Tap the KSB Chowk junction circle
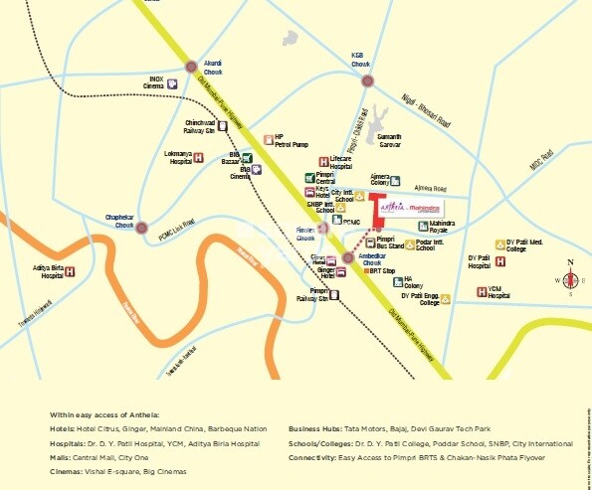(367, 81)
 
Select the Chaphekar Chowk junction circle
(141, 227)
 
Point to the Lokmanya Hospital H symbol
(198, 158)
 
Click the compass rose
(570, 279)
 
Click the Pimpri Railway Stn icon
(337, 295)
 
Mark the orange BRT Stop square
(365, 270)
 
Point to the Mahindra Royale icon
(424, 227)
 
